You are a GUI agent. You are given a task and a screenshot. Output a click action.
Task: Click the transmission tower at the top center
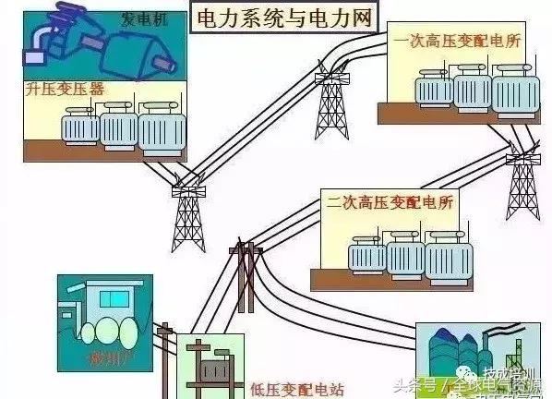329,97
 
